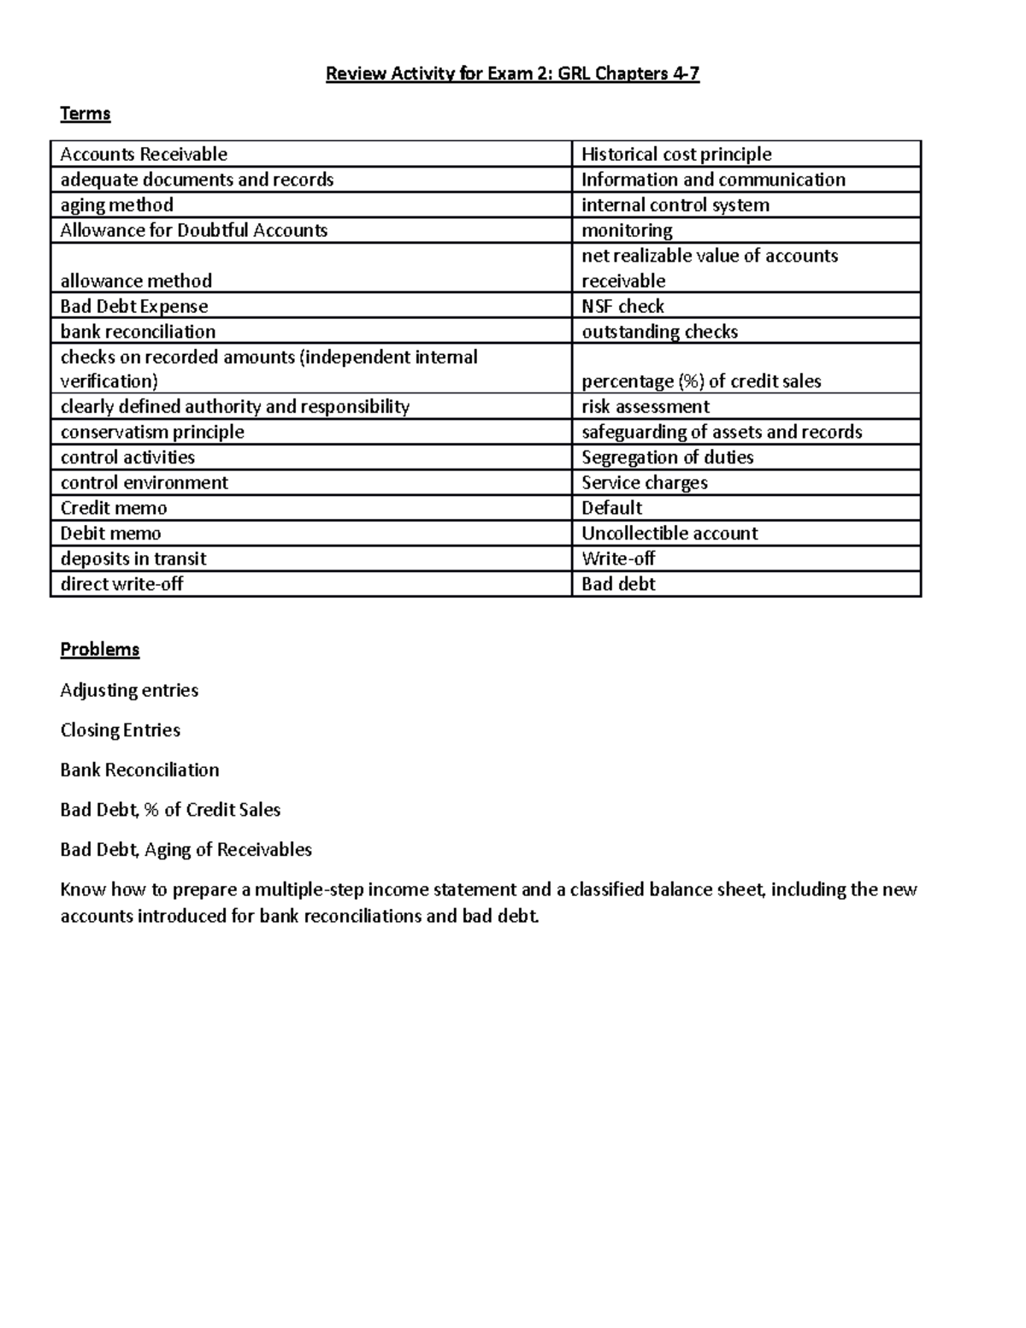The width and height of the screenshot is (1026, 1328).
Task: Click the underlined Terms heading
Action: tap(85, 114)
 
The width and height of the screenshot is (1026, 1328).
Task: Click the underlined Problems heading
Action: tap(99, 650)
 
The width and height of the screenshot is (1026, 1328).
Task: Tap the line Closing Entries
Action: tap(120, 730)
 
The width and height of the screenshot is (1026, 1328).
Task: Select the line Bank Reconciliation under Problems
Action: tap(139, 770)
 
